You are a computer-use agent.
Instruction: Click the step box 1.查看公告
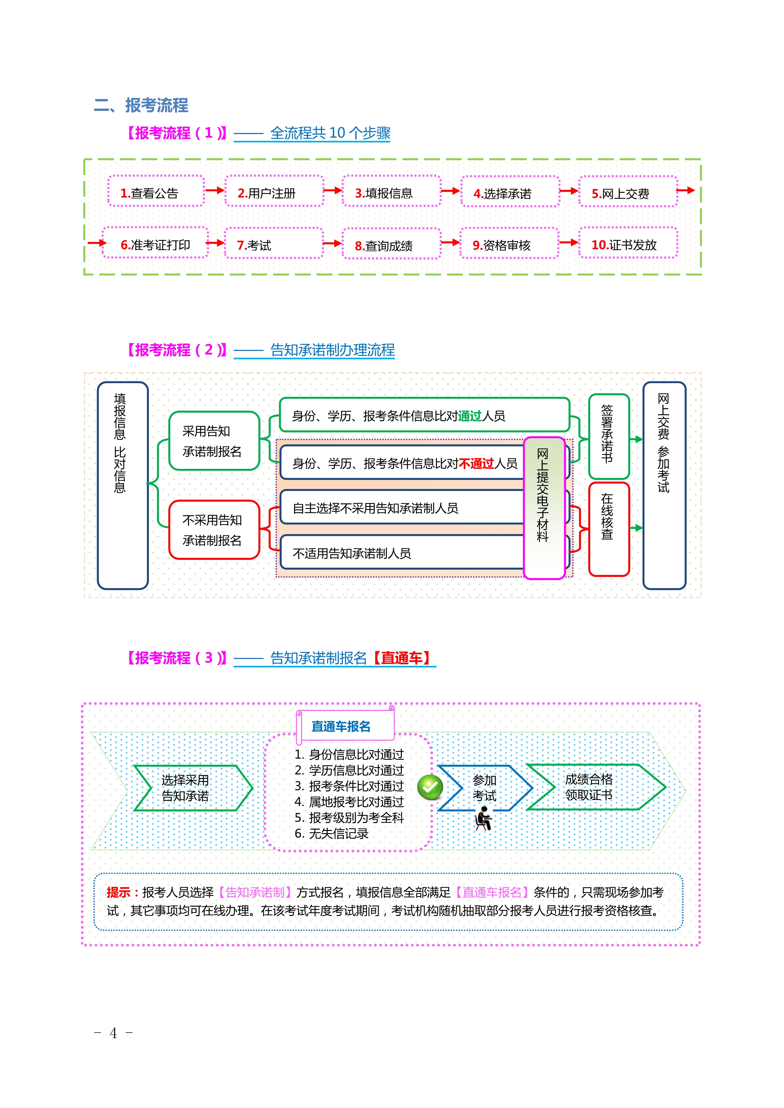click(156, 191)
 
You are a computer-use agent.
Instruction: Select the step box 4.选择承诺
click(510, 192)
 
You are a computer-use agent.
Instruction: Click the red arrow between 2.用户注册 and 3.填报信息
click(333, 191)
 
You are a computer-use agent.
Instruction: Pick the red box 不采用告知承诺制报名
click(214, 530)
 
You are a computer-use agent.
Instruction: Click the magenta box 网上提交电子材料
click(544, 508)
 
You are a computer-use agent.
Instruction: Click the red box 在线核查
click(609, 529)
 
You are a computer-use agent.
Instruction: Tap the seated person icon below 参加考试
click(483, 819)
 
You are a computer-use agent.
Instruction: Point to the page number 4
click(113, 1033)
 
